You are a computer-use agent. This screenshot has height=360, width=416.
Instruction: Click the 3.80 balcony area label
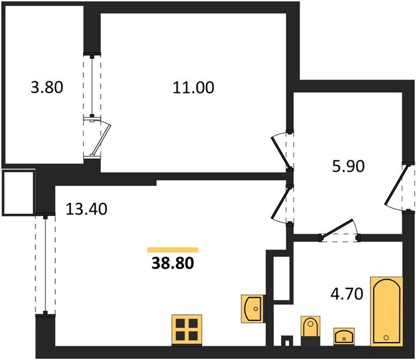[47, 88]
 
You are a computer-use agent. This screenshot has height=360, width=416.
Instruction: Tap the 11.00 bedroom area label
[194, 88]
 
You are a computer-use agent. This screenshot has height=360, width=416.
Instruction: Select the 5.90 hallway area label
[348, 166]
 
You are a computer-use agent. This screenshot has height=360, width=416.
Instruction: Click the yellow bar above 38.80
[173, 249]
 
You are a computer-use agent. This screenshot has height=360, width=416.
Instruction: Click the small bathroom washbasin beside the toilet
[343, 335]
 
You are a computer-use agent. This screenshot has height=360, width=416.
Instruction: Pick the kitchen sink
[252, 308]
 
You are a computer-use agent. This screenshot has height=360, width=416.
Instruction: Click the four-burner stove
[186, 330]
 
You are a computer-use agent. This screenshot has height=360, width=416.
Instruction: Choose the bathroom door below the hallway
[338, 230]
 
